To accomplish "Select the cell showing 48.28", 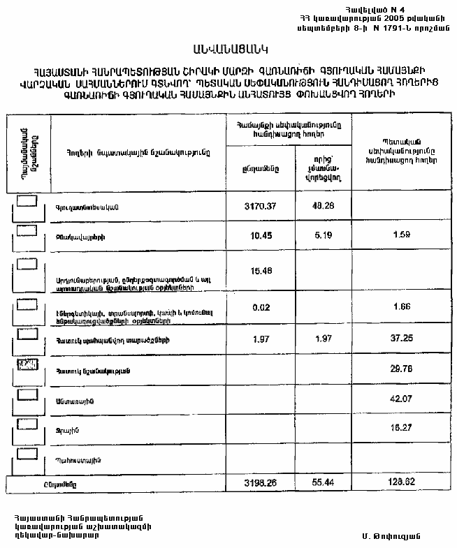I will [323, 207].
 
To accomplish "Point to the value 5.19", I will [323, 235].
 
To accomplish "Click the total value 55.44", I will [323, 483].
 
